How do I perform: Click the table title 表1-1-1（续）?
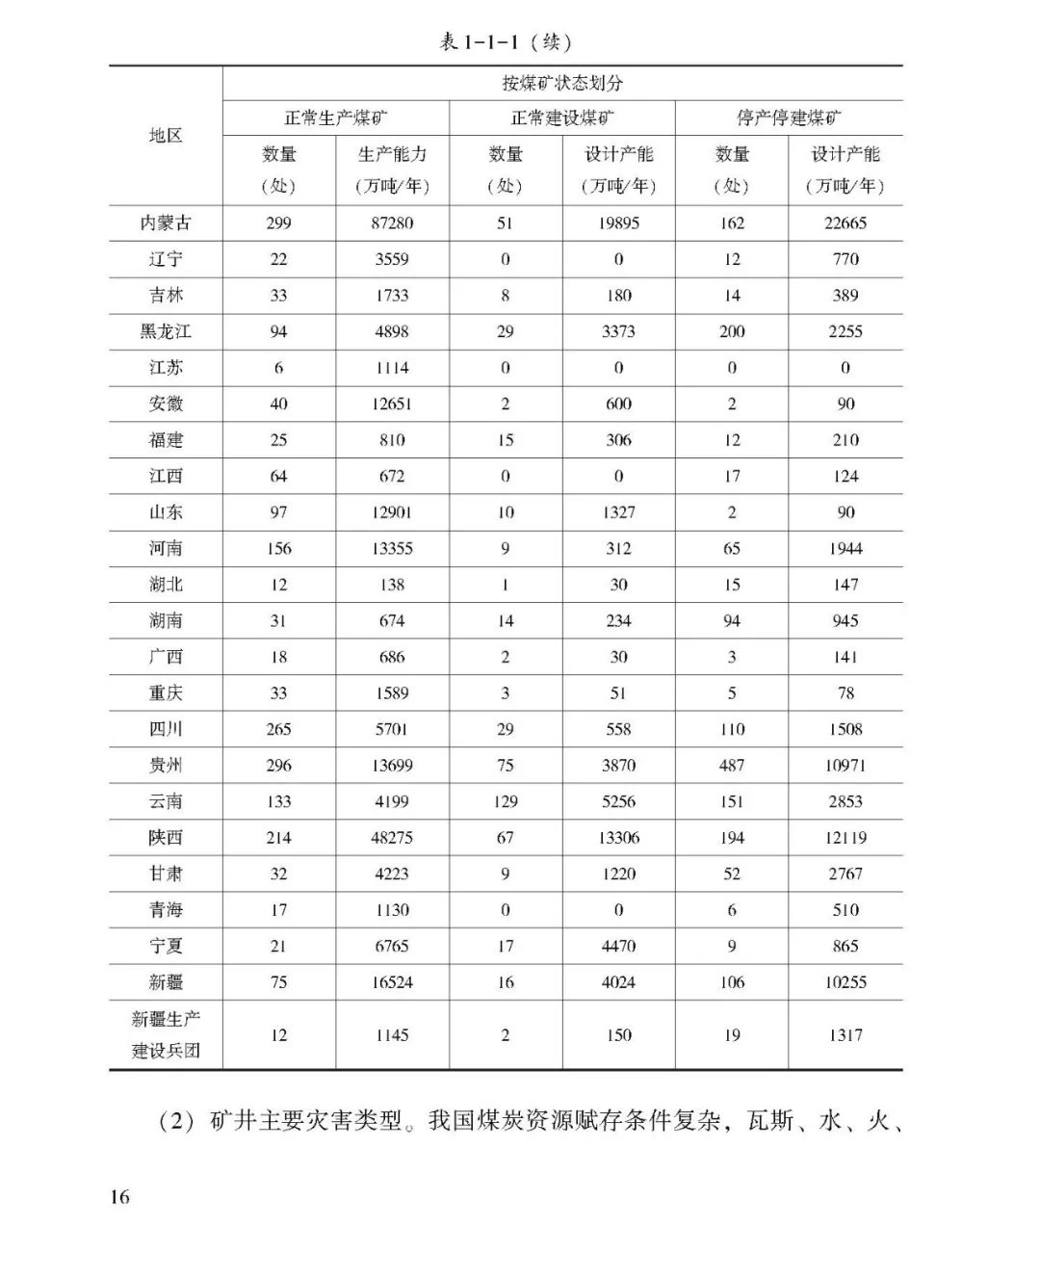[507, 41]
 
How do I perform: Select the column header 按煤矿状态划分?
[562, 83]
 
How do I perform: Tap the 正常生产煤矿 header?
[335, 118]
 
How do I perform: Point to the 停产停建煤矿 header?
[789, 118]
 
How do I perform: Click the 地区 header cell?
[166, 136]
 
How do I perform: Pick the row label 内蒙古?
[166, 222]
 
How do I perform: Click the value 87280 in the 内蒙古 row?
[392, 222]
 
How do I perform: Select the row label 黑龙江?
[166, 331]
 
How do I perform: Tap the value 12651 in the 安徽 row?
[392, 404]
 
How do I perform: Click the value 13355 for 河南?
[392, 548]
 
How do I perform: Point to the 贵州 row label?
[166, 766]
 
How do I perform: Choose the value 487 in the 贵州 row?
[732, 766]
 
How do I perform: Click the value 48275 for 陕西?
[392, 838]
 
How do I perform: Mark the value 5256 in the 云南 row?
[618, 801]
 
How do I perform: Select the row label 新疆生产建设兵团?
[166, 1034]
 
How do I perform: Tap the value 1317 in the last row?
[845, 1035]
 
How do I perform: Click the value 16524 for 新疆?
[392, 982]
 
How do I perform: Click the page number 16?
[119, 1197]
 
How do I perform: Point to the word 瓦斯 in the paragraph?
[771, 1121]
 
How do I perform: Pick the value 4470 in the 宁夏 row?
[618, 946]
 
